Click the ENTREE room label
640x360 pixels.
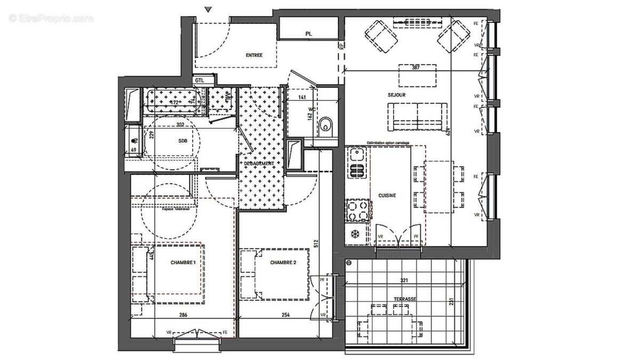254,55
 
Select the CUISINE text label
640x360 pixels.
387,196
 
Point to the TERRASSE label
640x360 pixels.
406,300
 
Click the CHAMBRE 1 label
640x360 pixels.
183,262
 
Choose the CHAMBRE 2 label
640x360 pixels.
283,262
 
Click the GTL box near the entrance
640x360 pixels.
199,80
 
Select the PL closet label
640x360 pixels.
308,34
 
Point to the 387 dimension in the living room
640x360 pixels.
417,68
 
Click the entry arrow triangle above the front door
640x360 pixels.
209,9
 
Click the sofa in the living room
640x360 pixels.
417,116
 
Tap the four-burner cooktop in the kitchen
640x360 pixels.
357,210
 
